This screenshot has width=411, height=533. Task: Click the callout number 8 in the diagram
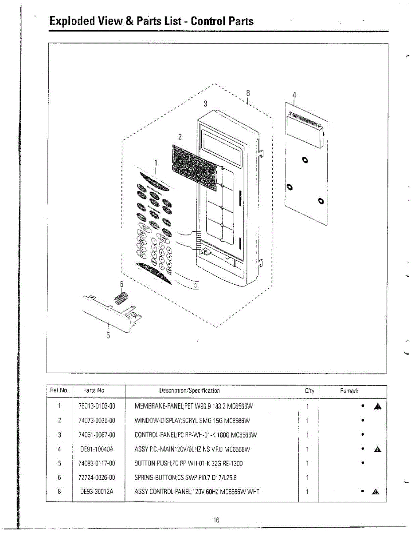tap(248, 93)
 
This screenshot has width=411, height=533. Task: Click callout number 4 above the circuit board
tap(294, 95)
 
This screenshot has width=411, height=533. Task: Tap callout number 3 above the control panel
tap(205, 103)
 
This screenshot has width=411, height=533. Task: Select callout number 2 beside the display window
tap(180, 136)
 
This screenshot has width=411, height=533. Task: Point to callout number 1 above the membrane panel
tap(155, 163)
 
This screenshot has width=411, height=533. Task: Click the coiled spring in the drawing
tap(121, 296)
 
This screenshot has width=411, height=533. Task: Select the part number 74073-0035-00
tap(97, 421)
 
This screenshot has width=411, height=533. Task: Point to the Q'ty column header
tap(309, 391)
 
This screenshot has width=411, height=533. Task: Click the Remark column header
tap(349, 391)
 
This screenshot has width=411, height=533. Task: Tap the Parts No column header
tap(94, 391)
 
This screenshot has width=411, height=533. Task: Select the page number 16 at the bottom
tap(216, 520)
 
